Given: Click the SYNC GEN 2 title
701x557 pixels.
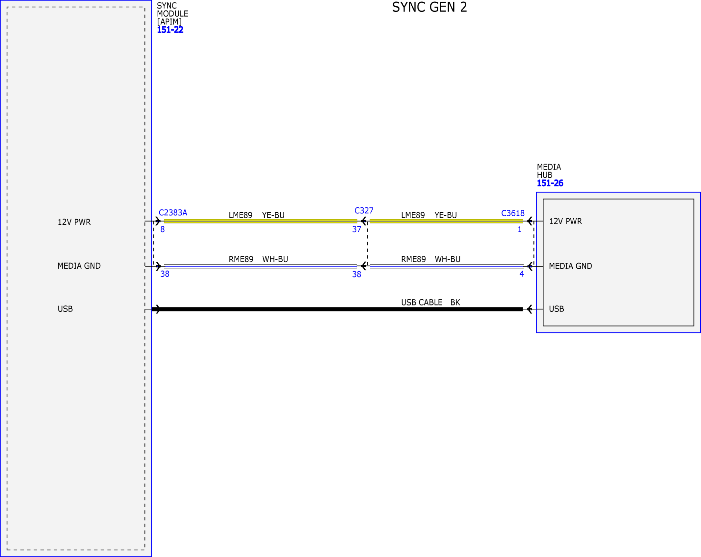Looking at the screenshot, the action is (x=429, y=7).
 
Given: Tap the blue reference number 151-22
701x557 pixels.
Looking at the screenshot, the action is (x=170, y=30).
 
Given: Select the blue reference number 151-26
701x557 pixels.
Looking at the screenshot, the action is (x=550, y=183).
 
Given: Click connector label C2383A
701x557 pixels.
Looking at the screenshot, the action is (x=173, y=213).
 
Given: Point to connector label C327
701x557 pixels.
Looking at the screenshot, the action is (x=364, y=211).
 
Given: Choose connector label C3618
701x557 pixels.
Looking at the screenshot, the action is (x=513, y=213).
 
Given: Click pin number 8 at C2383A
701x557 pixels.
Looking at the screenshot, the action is (x=163, y=229).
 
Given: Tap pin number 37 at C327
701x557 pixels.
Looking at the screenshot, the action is (x=357, y=229).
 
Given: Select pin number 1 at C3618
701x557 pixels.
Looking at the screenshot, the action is (x=520, y=229).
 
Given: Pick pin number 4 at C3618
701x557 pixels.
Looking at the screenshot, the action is (x=522, y=274).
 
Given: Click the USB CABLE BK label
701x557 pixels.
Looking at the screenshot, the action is (x=430, y=303).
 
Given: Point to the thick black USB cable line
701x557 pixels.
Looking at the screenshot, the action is (x=337, y=309).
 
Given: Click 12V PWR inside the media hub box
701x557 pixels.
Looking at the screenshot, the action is (x=565, y=221).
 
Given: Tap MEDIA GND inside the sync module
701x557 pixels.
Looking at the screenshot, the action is (x=79, y=266).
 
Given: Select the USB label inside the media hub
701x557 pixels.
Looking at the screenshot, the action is (x=557, y=309).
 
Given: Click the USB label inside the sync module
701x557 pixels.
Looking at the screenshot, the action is (x=65, y=309).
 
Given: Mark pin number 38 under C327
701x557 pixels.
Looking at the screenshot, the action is (x=357, y=275).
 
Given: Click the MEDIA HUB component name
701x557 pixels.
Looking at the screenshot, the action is (x=549, y=171).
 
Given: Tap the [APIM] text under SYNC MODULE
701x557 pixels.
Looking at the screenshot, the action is (x=169, y=22).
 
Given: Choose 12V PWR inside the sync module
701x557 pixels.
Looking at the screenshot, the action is (x=74, y=222).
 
